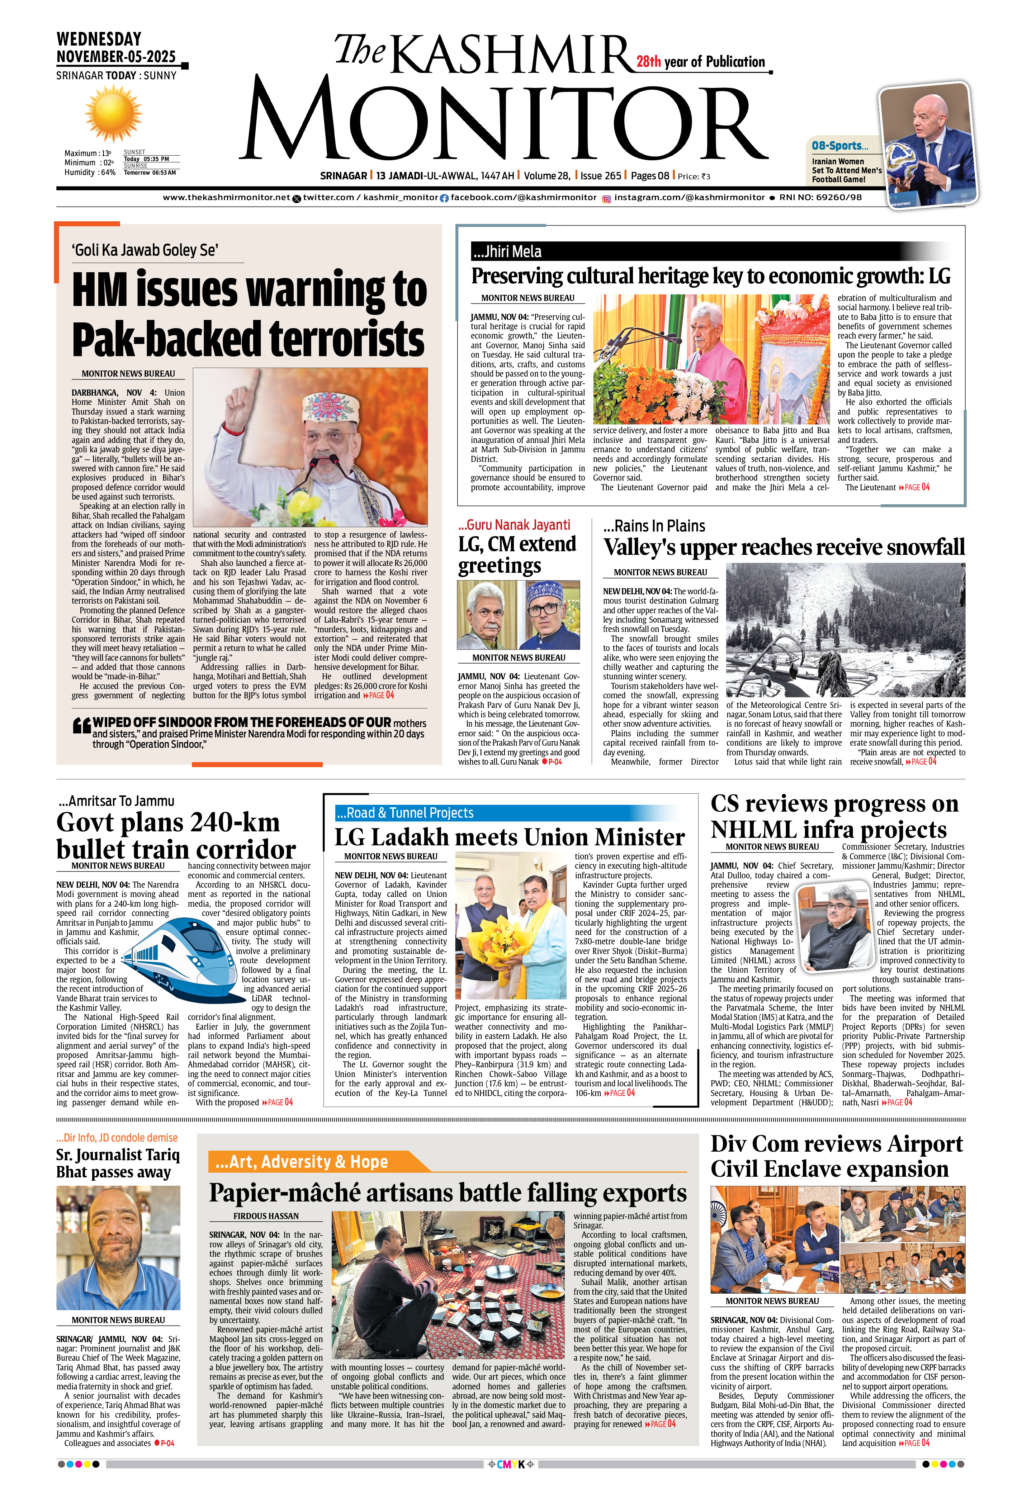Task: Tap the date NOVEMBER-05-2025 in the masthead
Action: point(116,57)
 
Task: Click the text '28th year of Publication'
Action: point(701,62)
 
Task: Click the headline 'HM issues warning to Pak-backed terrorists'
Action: point(249,314)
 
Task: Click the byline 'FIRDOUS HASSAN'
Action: point(266,1216)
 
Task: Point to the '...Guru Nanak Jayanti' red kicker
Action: point(514,525)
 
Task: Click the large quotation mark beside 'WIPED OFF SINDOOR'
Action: point(82,727)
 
